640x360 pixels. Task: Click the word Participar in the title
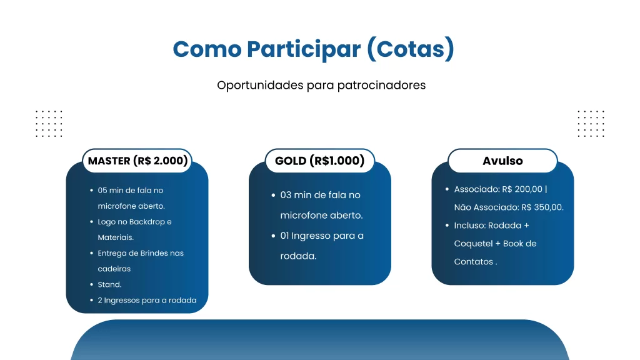click(x=304, y=49)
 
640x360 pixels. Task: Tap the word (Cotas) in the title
click(x=411, y=49)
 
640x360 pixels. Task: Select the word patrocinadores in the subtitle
click(x=381, y=85)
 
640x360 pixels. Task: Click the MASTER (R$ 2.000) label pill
click(x=137, y=161)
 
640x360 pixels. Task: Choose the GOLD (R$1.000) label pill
click(x=319, y=161)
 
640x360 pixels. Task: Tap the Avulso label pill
click(x=502, y=161)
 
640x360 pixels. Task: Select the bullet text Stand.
click(x=109, y=284)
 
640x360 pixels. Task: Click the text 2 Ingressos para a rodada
click(x=147, y=301)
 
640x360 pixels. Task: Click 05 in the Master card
click(x=102, y=191)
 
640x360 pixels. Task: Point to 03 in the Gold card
click(x=286, y=195)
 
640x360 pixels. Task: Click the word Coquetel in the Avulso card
click(x=472, y=244)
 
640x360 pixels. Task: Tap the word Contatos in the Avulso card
click(x=474, y=262)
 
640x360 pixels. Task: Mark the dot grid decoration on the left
click(x=49, y=124)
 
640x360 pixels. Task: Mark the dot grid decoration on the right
click(x=591, y=124)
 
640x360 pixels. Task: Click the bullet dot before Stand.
click(x=91, y=284)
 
